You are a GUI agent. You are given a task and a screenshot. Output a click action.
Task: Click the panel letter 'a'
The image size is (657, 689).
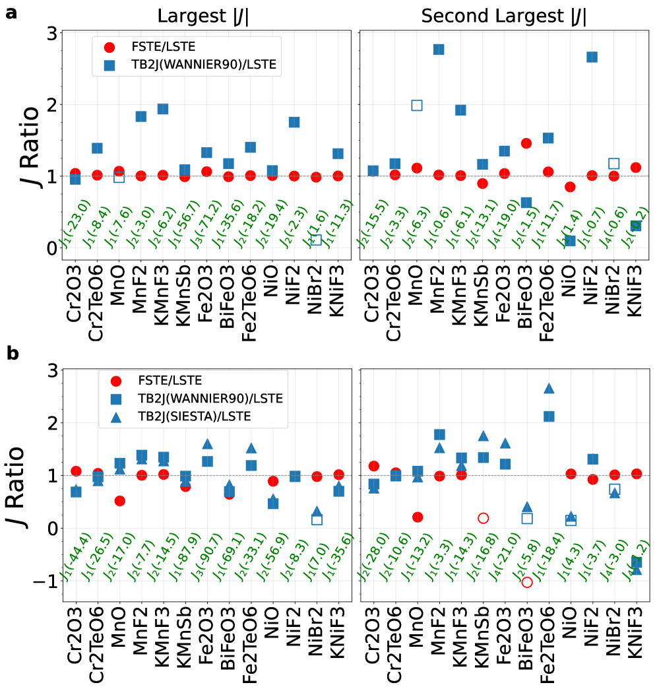[x=11, y=12]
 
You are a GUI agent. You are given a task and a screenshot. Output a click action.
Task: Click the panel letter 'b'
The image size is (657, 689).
[x=13, y=353]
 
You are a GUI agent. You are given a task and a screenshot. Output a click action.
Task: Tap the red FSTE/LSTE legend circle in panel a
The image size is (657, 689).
[x=110, y=48]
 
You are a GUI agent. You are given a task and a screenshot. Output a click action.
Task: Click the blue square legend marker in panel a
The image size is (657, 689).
[x=110, y=65]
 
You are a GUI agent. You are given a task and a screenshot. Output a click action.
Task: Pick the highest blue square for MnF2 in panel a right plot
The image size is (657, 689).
[x=439, y=49]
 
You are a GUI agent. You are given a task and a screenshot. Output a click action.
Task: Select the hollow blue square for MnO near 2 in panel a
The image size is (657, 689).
[x=417, y=105]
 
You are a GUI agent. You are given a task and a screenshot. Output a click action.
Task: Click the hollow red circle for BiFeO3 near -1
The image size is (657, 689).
[x=526, y=581]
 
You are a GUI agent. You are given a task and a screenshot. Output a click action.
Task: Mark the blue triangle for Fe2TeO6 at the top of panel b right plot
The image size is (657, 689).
[x=549, y=389]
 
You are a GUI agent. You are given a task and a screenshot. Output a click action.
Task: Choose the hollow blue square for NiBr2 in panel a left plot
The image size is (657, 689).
[x=317, y=240]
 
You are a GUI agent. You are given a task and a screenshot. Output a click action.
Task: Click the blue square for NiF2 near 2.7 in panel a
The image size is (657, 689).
[x=592, y=57]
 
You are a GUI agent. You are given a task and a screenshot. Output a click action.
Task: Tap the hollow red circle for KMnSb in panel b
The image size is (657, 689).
[x=483, y=518]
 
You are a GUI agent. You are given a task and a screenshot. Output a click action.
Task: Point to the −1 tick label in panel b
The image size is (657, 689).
[x=46, y=581]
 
